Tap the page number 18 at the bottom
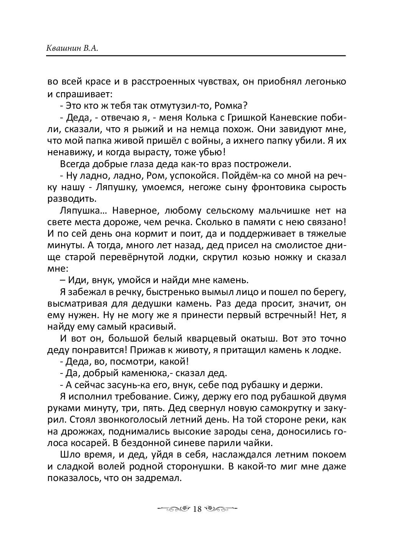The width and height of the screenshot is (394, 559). click(197, 509)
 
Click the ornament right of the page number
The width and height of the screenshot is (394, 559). click(220, 509)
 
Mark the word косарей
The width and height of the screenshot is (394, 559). click(89, 443)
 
